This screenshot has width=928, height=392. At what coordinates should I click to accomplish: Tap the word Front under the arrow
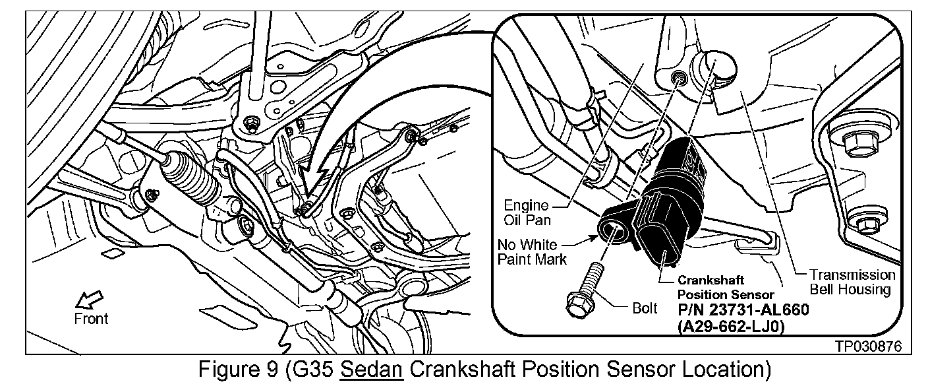tap(91, 319)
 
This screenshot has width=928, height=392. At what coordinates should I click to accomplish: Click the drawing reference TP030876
tap(868, 346)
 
